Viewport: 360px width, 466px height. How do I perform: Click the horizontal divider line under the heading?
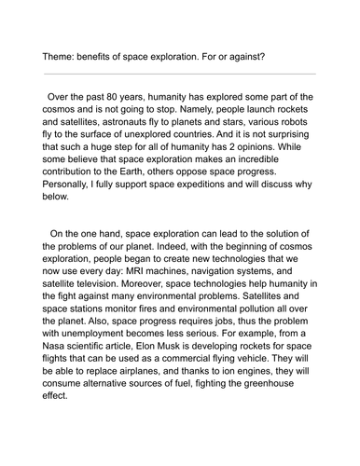pos(180,74)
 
